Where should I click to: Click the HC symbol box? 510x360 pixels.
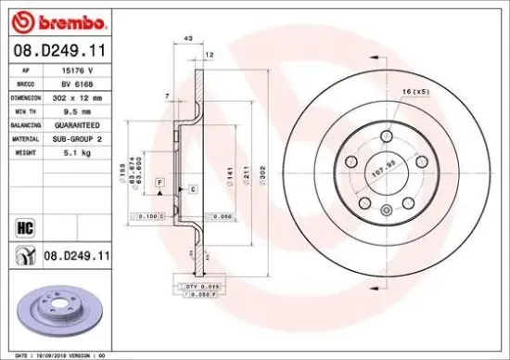click(24, 225)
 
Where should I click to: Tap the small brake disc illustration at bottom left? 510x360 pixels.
click(58, 312)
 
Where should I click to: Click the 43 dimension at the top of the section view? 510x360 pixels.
click(189, 38)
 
